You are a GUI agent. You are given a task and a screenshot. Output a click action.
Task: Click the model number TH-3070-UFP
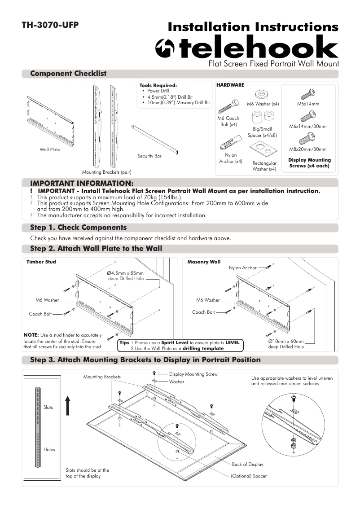[50, 25]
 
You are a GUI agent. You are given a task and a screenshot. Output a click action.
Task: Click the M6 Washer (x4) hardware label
[263, 104]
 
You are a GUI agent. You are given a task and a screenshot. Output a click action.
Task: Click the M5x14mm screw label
[308, 104]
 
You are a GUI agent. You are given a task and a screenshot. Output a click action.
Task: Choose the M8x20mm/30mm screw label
[308, 149]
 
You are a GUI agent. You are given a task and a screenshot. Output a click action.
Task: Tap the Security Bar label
[149, 156]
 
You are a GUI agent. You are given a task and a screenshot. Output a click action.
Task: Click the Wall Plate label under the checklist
[49, 149]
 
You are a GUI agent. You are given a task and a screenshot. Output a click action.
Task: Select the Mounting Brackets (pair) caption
[106, 172]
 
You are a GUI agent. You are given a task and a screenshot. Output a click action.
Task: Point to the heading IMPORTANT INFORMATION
[82, 183]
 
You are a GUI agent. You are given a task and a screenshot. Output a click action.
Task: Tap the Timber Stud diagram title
[41, 261]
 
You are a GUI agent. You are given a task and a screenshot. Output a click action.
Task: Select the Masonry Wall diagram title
[204, 261]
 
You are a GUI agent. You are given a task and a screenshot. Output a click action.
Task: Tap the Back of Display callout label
[247, 464]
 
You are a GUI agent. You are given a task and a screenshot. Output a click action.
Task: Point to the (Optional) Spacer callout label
[249, 476]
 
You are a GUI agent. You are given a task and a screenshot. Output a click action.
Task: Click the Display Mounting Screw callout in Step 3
[193, 374]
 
